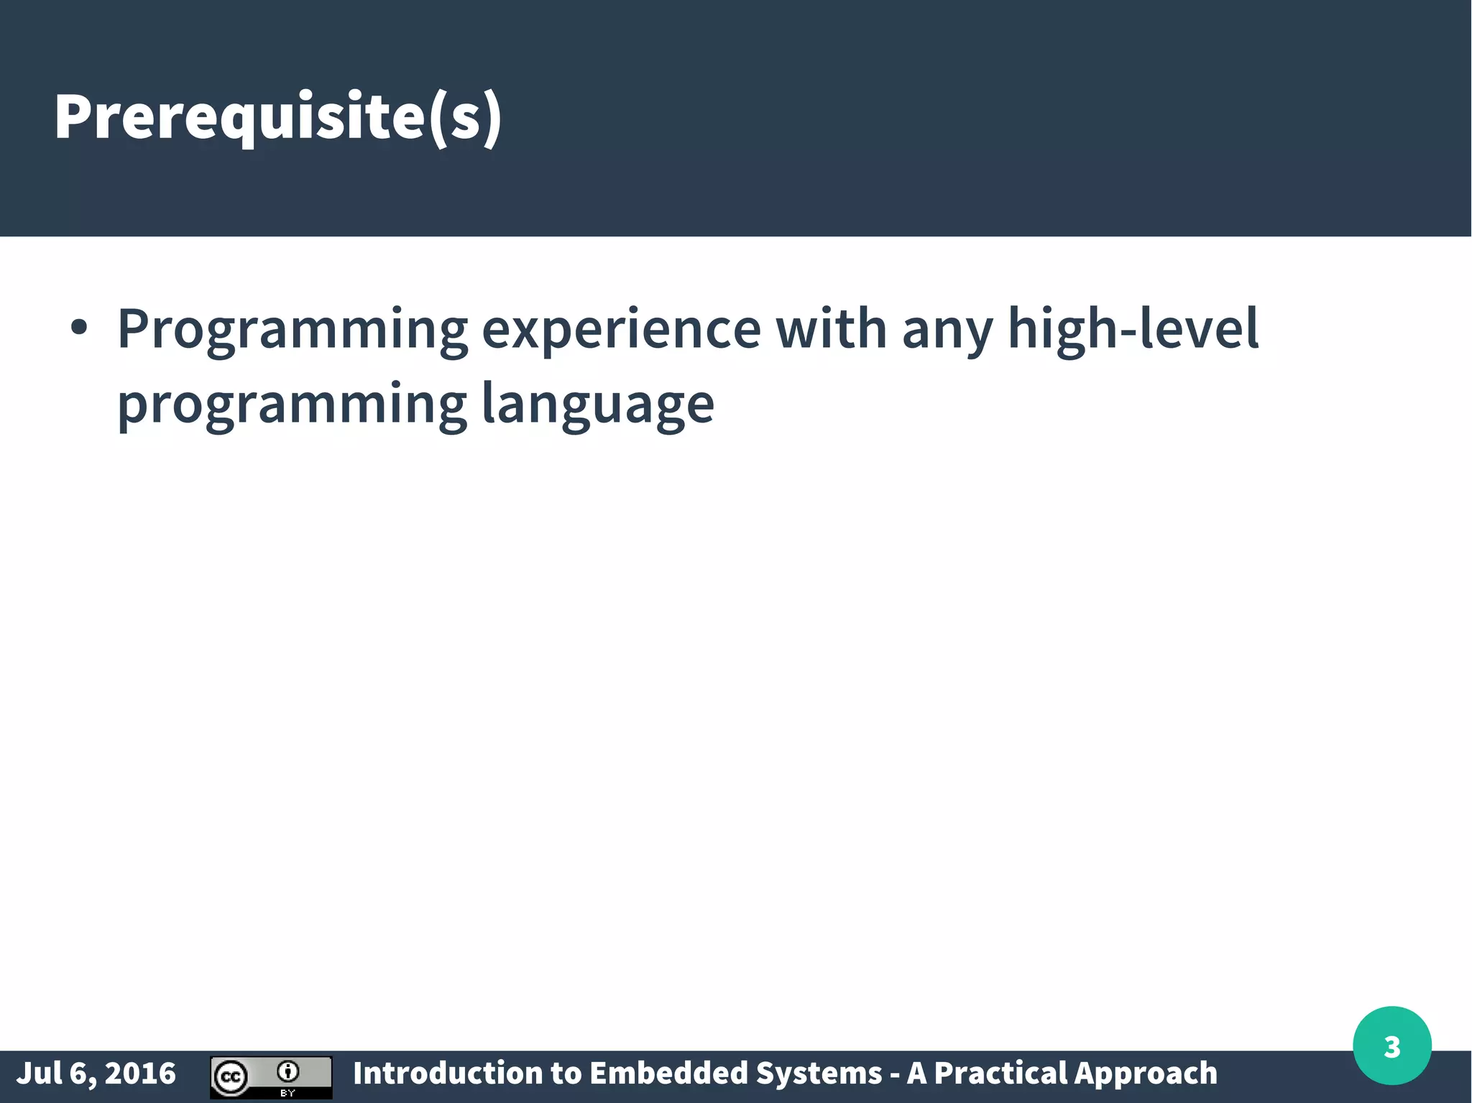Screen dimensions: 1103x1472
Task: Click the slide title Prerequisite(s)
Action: coord(277,117)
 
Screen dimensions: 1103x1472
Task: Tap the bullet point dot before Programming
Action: coord(79,328)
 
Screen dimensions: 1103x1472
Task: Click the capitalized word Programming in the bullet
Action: coord(293,330)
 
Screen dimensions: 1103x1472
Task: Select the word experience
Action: coord(620,330)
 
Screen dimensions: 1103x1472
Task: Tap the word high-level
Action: coord(1133,328)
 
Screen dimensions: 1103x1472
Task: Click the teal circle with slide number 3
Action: coord(1391,1046)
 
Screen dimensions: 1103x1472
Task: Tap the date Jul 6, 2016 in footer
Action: coord(96,1074)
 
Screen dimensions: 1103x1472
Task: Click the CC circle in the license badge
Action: coord(231,1077)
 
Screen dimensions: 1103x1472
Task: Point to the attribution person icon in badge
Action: coord(287,1072)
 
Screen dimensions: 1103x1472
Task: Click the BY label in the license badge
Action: coord(287,1093)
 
